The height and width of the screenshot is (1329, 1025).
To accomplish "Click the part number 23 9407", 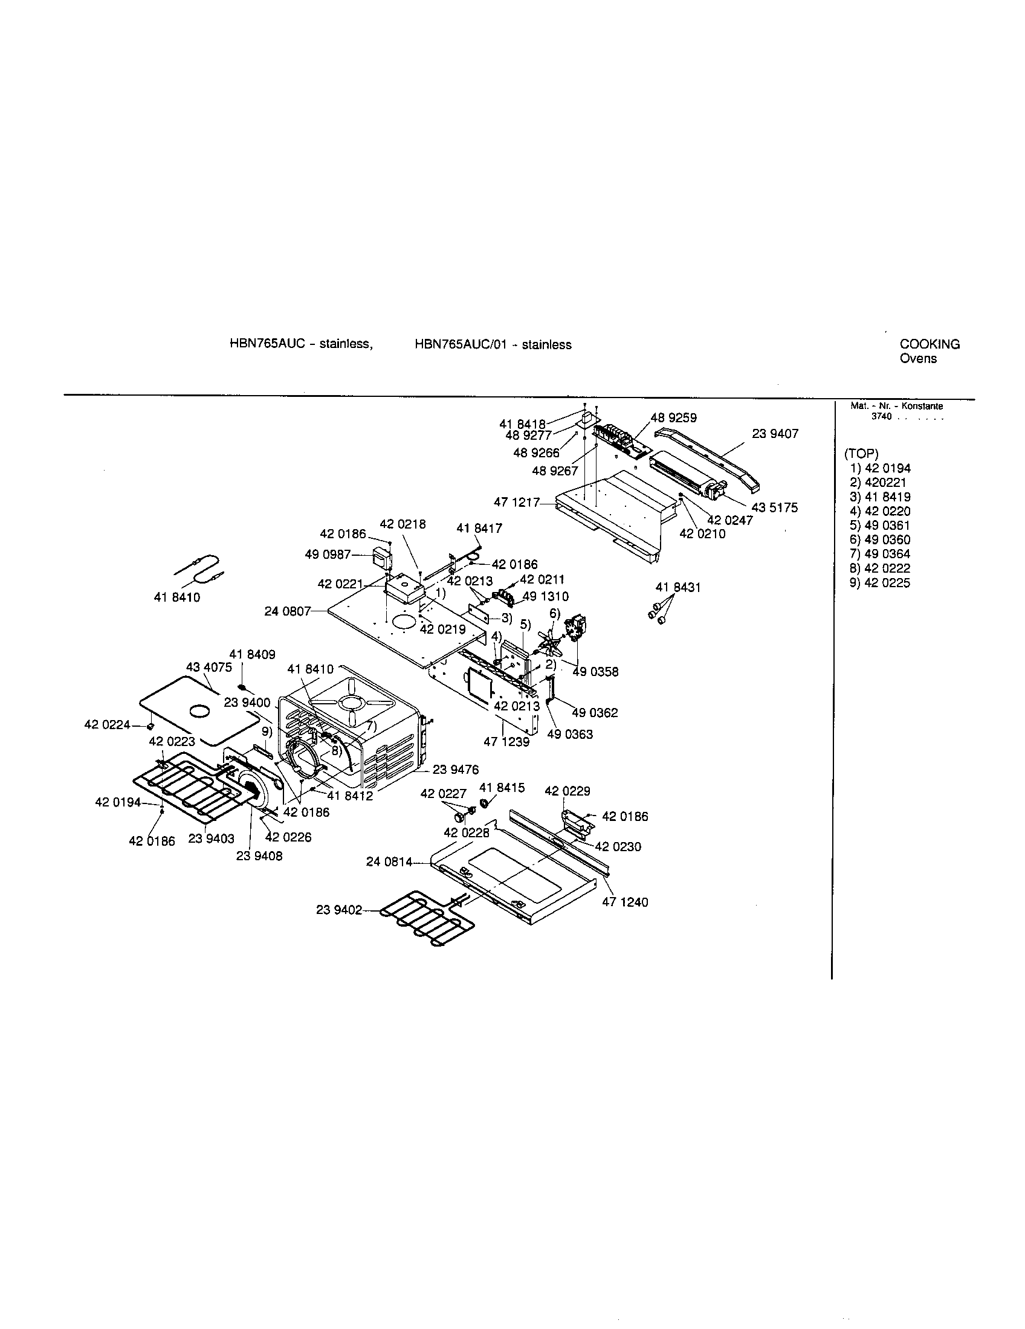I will click(x=775, y=434).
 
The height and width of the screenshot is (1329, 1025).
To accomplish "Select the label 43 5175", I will click(x=774, y=507).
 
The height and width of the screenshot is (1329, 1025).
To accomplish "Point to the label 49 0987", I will click(x=328, y=555).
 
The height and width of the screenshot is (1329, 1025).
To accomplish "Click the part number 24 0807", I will click(x=287, y=610).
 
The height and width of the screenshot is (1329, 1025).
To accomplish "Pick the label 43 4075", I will click(x=209, y=667).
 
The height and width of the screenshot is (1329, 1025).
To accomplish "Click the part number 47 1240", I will click(x=624, y=902).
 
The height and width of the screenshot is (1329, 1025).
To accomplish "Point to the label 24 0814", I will click(x=389, y=861).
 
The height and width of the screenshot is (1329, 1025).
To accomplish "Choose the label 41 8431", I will click(x=677, y=587).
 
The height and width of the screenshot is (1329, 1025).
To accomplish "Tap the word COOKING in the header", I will click(x=930, y=344).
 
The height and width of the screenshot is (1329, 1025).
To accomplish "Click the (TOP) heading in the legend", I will click(x=861, y=454).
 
